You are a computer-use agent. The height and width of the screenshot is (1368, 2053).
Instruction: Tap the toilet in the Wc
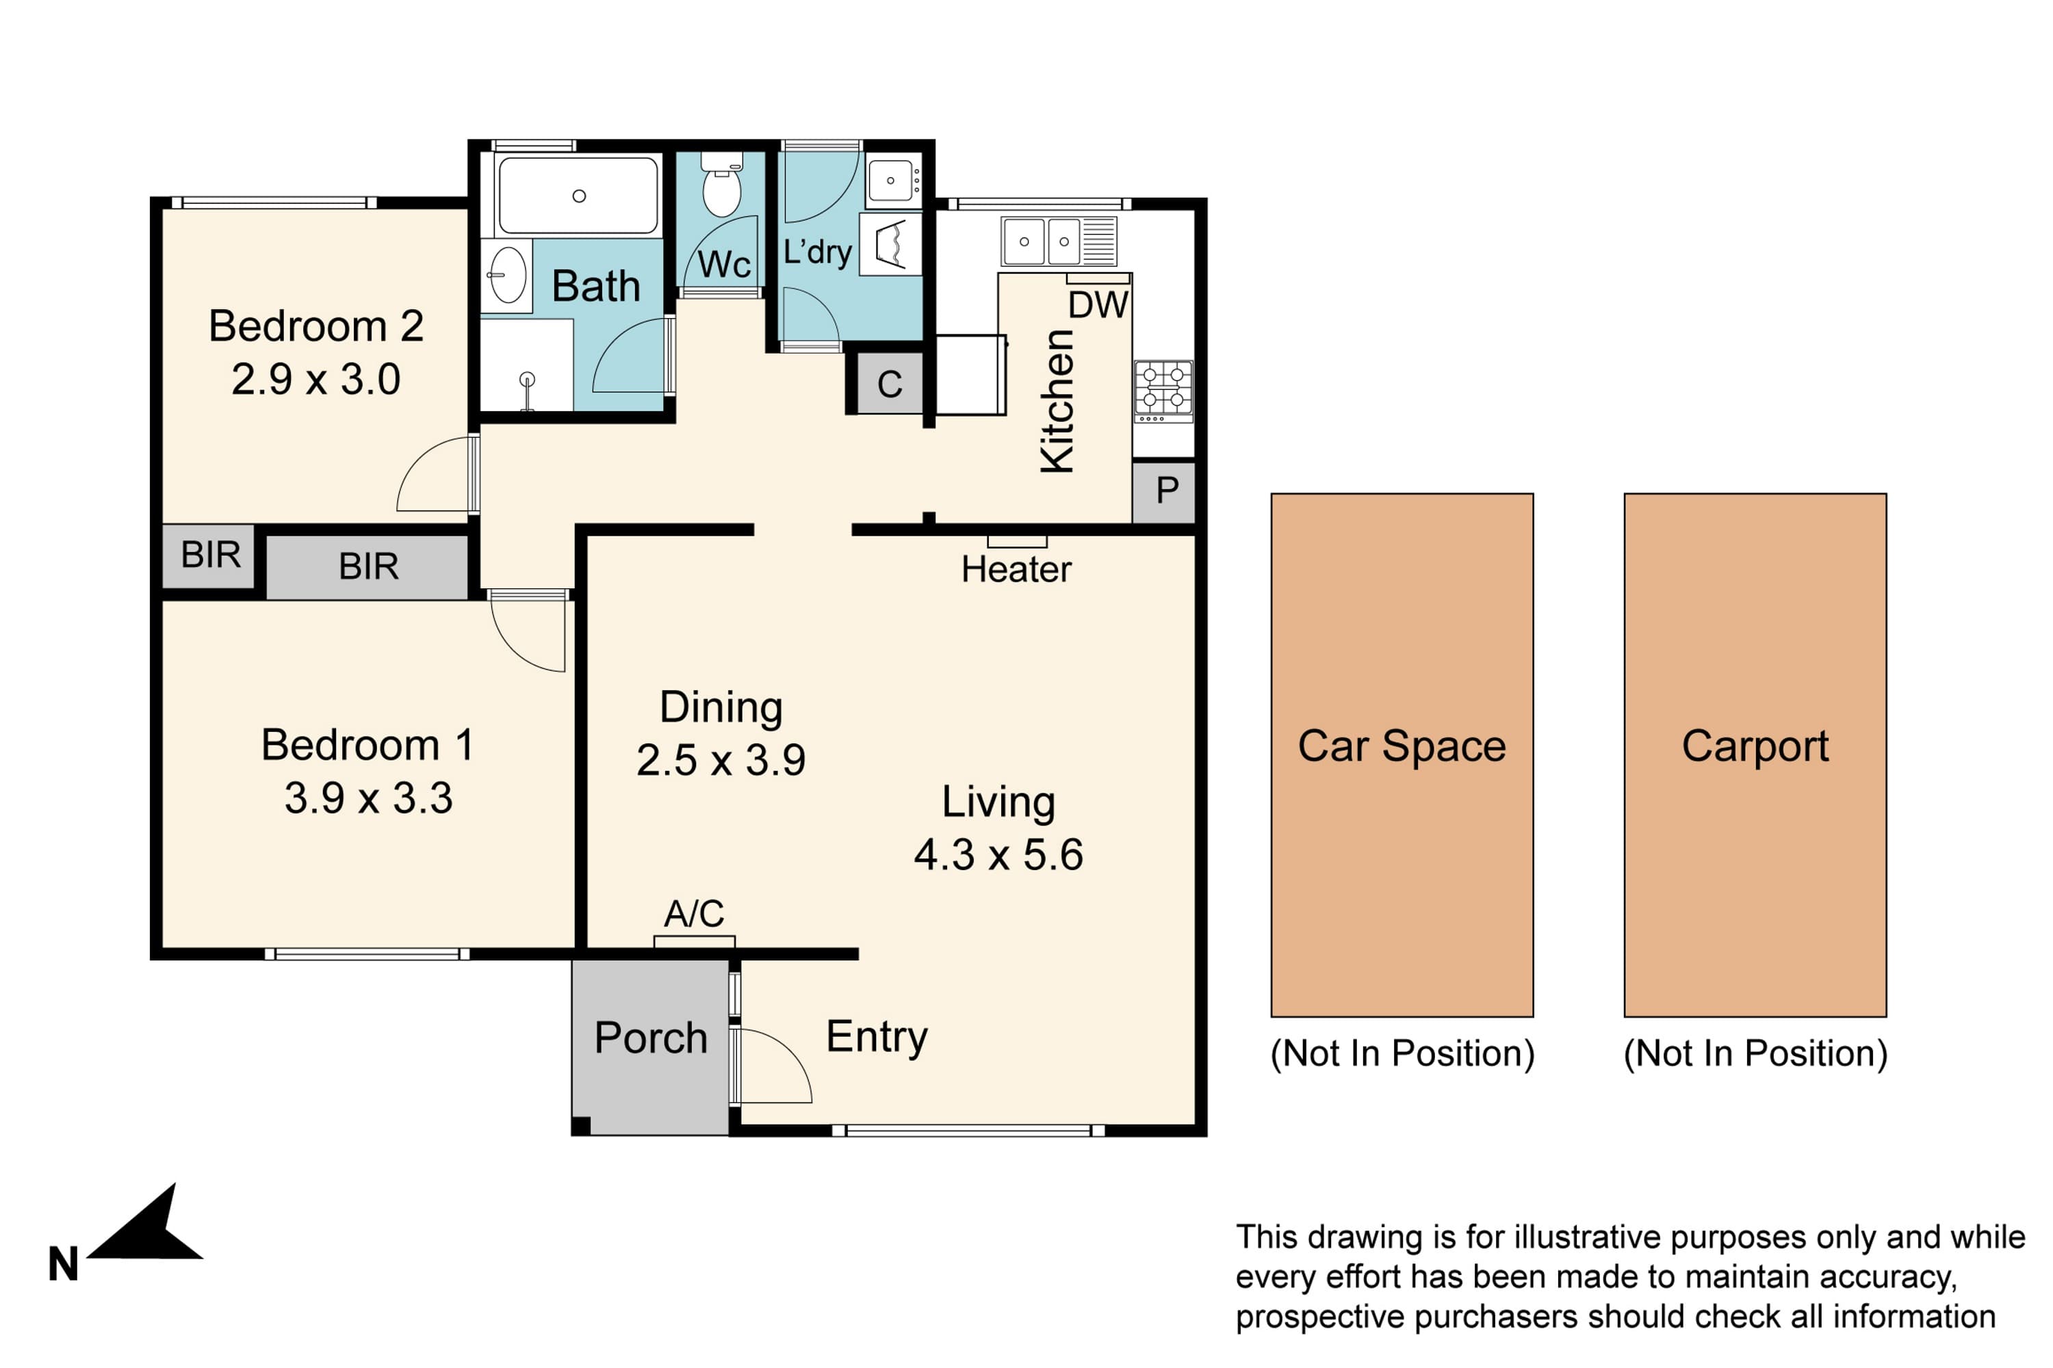coord(722,184)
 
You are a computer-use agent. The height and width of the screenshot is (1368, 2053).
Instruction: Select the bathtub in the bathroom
coord(578,196)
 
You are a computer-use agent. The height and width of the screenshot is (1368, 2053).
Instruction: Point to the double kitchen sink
coord(1058,241)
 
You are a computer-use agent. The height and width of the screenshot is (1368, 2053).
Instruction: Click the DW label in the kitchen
coord(1098,305)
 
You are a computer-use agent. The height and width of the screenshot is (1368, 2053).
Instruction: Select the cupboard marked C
coord(890,384)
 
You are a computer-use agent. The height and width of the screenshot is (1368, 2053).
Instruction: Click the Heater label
coord(1016,570)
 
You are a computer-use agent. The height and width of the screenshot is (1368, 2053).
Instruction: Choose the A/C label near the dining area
coord(694,913)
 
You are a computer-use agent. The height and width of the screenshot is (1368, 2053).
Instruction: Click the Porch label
coord(650,1038)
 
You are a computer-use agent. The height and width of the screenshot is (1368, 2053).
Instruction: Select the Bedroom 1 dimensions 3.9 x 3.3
coord(368,798)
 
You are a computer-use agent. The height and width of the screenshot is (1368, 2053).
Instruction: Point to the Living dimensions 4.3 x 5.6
coord(998,855)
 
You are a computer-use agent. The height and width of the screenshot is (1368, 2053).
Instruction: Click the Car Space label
coord(1402,747)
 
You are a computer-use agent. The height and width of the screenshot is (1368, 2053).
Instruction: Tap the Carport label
coord(1755,747)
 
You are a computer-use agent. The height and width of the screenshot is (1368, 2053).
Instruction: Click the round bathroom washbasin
coord(507,275)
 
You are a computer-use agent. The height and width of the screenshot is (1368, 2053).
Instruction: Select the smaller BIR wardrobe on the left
coord(209,555)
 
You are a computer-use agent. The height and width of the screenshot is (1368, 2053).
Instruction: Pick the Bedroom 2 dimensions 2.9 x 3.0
coord(316,380)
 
